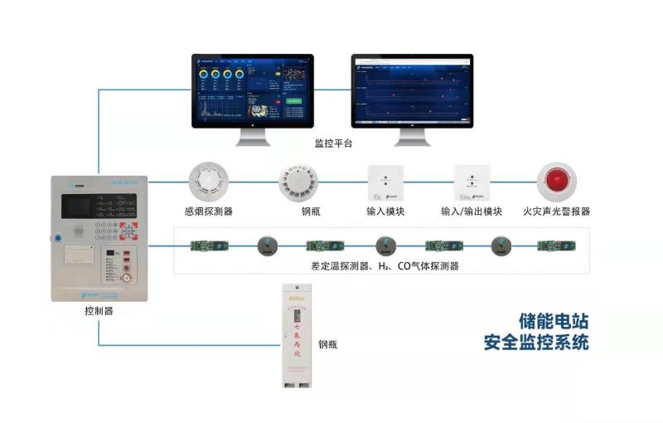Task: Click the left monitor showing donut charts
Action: [253, 91]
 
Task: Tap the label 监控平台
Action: [333, 144]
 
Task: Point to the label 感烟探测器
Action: [208, 211]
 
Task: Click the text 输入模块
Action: [385, 211]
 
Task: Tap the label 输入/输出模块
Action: [472, 211]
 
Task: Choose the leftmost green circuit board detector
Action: [201, 245]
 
